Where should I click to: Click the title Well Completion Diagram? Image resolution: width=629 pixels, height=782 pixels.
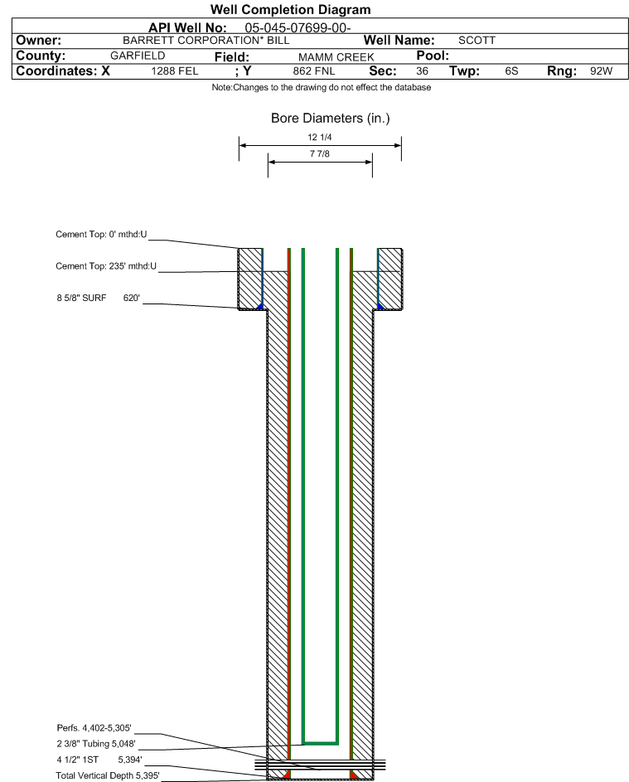pos(291,9)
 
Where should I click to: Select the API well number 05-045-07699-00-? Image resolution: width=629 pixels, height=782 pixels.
pos(298,28)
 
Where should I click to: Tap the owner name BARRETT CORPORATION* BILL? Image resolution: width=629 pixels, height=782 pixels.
pos(206,41)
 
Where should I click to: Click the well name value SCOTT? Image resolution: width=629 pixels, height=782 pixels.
pos(477,41)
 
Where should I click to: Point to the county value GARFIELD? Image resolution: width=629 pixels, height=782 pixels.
pos(138,56)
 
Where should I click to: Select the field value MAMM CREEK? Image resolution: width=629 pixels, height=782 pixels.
pos(336,57)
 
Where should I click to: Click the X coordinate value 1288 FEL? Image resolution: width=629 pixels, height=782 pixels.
pos(174,71)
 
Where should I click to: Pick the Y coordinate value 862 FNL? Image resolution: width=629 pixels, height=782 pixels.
pos(314,71)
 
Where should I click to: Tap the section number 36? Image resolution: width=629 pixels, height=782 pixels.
pos(422,71)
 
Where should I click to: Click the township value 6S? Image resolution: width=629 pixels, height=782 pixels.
pos(511,71)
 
